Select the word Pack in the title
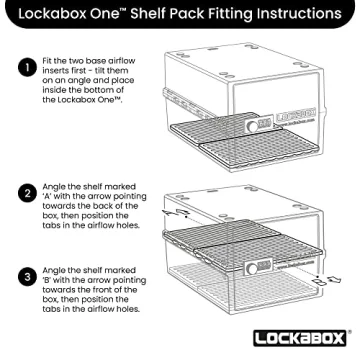[x=200, y=16]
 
